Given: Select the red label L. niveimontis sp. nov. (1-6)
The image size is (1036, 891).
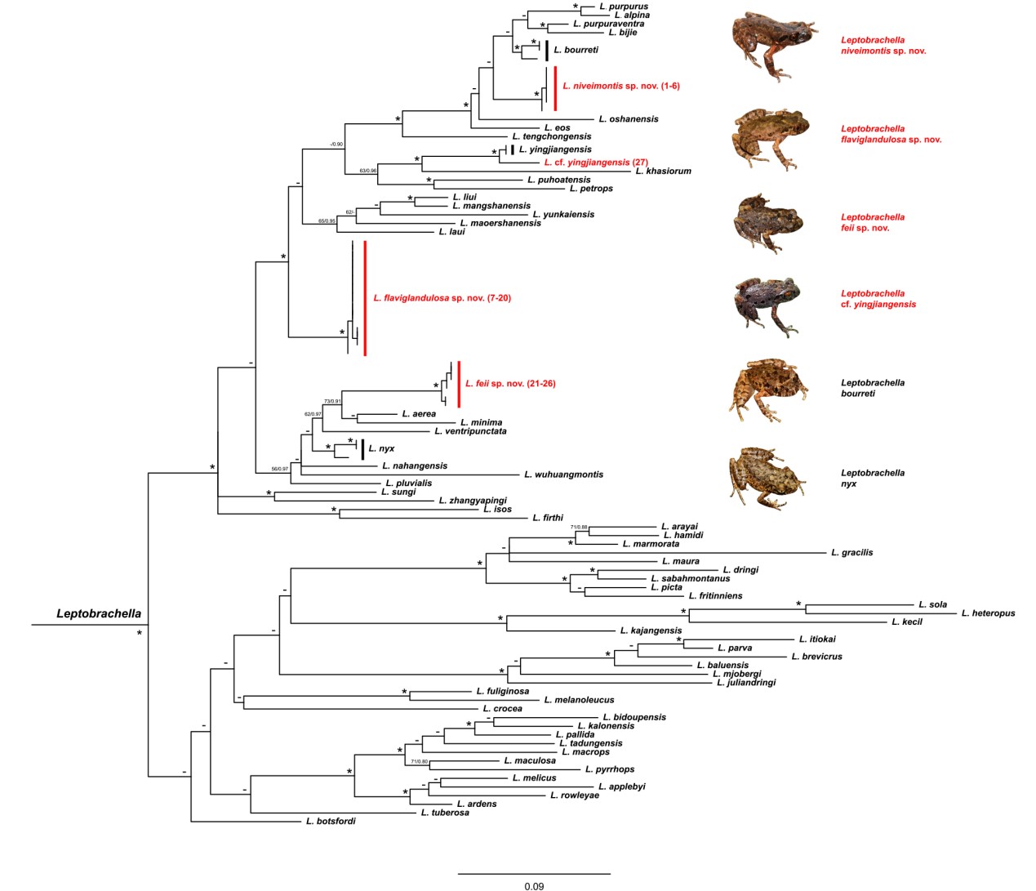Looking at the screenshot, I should [620, 86].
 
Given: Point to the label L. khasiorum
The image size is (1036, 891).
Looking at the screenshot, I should [663, 172].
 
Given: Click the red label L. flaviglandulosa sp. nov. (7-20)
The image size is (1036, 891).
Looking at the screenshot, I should [442, 298].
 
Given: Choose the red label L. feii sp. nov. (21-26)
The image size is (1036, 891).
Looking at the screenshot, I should [509, 384].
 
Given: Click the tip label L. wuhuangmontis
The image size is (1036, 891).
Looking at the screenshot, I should [563, 474].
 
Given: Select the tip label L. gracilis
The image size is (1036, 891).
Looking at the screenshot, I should [851, 553].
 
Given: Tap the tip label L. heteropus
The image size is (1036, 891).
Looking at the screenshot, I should [988, 613].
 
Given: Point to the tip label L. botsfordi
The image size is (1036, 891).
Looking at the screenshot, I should [331, 821].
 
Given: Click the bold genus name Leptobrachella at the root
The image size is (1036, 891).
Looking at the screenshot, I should [99, 613].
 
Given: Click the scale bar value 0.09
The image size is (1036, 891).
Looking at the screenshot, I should [534, 886].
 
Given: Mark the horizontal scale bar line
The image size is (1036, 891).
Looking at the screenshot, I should [534, 874].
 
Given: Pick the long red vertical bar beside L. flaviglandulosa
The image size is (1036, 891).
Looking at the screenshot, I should [365, 298].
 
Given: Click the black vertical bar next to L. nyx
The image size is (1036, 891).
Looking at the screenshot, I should [362, 449].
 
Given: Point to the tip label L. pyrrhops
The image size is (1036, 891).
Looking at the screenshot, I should [609, 769].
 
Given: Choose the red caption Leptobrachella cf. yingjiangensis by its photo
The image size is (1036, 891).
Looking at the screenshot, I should [878, 299].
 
